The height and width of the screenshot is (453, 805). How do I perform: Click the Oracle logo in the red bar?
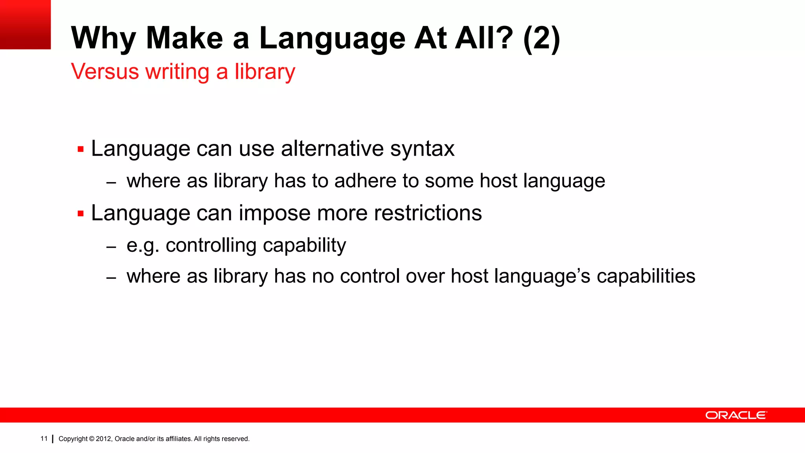pos(735,415)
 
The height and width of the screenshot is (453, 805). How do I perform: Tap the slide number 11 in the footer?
pos(44,438)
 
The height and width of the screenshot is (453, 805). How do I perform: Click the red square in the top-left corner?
pos(25,24)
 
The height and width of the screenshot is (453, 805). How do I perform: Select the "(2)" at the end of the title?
pos(542,39)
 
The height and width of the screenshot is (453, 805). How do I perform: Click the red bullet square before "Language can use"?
pos(81,149)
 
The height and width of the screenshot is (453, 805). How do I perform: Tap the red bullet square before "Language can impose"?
pos(81,214)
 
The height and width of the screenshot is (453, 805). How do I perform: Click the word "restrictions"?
pos(428,213)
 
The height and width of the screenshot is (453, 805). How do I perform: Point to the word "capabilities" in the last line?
pos(646,276)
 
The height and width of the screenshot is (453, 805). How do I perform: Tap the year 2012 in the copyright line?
pos(104,439)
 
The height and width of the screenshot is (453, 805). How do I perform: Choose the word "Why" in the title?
pos(103,39)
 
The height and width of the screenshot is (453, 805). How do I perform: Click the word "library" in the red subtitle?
pos(265,72)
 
